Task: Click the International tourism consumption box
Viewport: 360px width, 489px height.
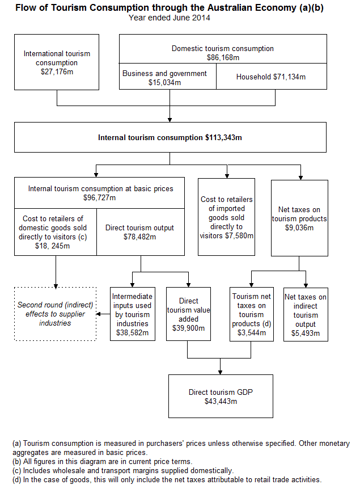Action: coord(57,62)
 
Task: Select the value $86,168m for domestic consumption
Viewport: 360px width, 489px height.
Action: coord(223,57)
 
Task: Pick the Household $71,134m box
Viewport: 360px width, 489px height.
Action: coord(272,77)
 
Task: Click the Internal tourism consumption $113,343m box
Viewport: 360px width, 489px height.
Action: coord(170,137)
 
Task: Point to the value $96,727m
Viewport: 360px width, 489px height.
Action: coord(99,197)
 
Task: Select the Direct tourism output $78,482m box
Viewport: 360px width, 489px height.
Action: coord(140,232)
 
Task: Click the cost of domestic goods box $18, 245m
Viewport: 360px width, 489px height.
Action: coord(56,232)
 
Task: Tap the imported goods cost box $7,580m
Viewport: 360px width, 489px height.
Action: coord(227,217)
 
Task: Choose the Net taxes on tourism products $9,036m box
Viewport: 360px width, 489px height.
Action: coord(299,218)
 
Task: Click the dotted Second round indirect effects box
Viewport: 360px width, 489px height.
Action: coord(56,314)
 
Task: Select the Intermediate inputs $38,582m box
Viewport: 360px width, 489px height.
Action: coord(132,314)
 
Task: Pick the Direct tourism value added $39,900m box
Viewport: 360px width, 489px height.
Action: coord(188,314)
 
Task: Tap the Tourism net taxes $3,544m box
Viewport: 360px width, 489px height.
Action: coord(251,314)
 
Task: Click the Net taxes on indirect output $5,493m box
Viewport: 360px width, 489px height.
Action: coord(306,314)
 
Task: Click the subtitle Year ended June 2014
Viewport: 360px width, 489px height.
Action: coord(170,18)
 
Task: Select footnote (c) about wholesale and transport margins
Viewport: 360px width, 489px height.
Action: coord(122,470)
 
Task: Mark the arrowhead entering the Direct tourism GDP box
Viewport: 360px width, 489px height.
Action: coord(221,372)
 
